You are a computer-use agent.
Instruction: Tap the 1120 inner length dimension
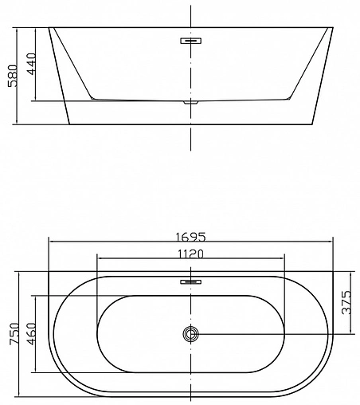tap(191, 254)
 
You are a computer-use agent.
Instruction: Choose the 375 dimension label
tap(347, 304)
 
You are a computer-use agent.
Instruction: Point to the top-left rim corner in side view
tap(49, 29)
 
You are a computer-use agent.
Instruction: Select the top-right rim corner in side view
tap(333, 29)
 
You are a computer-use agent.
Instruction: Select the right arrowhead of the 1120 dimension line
tap(283, 259)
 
